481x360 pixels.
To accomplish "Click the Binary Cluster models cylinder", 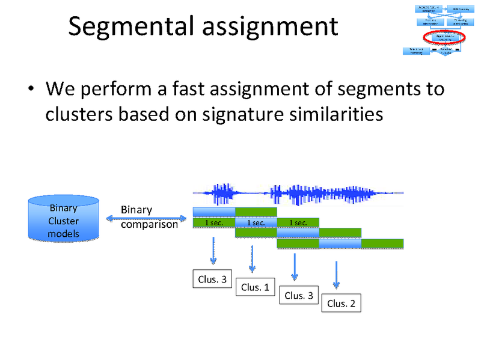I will [x=63, y=219].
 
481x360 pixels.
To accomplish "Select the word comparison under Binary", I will [x=149, y=225].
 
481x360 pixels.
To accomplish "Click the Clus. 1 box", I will [x=254, y=287].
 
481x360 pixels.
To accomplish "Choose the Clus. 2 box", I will [x=341, y=304].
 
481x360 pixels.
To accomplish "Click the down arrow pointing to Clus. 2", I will [x=336, y=273].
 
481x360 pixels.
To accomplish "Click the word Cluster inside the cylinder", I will [x=63, y=221].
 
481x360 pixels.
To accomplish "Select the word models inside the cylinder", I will [x=63, y=233].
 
